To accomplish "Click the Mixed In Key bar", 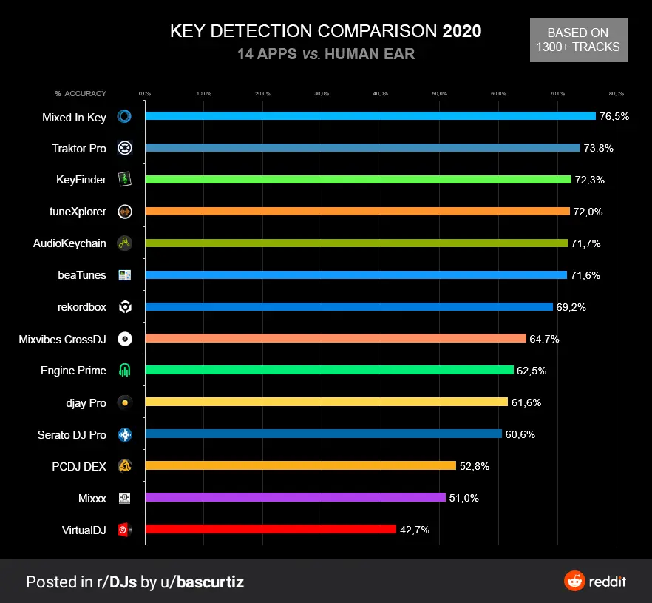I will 370,116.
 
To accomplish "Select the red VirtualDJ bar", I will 271,529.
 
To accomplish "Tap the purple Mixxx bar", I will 295,497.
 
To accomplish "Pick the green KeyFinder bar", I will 358,179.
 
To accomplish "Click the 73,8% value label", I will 598,148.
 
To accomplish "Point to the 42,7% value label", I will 415,530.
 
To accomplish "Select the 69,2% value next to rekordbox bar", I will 571,307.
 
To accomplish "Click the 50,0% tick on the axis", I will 439,94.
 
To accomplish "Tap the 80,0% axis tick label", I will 617,94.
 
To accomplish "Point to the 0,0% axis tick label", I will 145,94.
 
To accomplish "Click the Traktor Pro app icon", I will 125,148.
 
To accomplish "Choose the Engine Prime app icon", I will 125,371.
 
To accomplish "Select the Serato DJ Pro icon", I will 125,434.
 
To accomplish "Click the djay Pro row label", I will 86,402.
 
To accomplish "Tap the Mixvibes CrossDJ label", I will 63,339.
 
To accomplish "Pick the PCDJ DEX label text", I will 80,466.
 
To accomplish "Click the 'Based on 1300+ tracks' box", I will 578,40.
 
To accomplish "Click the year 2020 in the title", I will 462,31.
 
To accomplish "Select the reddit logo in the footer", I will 594,581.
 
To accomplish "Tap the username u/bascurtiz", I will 202,582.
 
